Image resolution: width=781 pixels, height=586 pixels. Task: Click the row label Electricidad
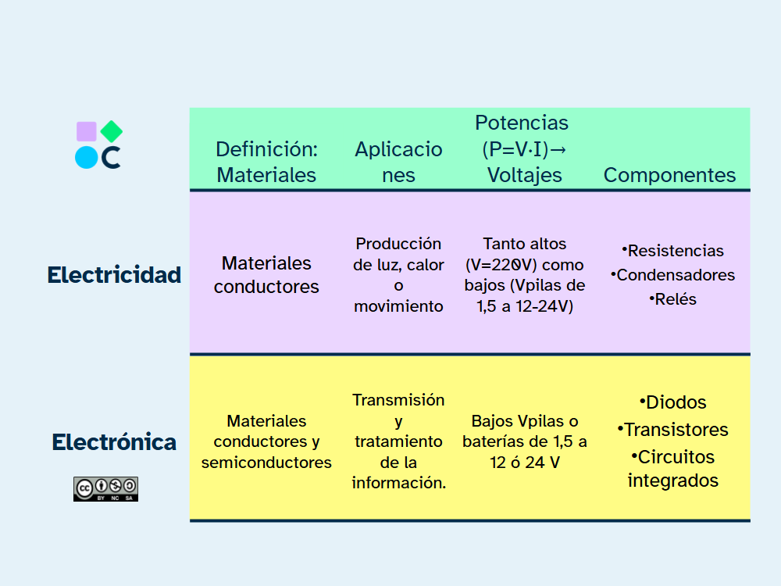(x=114, y=275)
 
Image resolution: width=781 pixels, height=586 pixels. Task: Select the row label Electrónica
(x=114, y=442)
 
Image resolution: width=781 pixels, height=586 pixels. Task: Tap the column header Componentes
(x=669, y=174)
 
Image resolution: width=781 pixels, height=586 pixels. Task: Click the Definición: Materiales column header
(x=266, y=162)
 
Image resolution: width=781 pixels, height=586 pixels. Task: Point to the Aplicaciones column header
(x=398, y=162)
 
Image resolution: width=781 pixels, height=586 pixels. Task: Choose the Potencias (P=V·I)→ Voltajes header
(x=522, y=148)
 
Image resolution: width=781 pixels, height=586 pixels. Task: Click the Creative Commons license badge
(x=105, y=488)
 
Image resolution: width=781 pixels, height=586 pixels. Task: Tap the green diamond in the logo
(x=112, y=131)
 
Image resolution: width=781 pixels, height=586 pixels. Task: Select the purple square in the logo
(x=87, y=131)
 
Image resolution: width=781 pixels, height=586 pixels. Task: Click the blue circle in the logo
(x=86, y=158)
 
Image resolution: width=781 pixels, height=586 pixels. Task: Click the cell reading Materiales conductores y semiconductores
(x=266, y=441)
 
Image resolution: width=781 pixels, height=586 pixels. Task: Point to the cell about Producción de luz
(x=398, y=275)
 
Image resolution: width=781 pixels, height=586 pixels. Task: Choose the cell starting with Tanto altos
(x=524, y=275)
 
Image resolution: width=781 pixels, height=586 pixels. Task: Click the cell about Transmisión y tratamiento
(x=398, y=441)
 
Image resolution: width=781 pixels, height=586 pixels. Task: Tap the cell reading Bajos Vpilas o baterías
(x=524, y=441)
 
